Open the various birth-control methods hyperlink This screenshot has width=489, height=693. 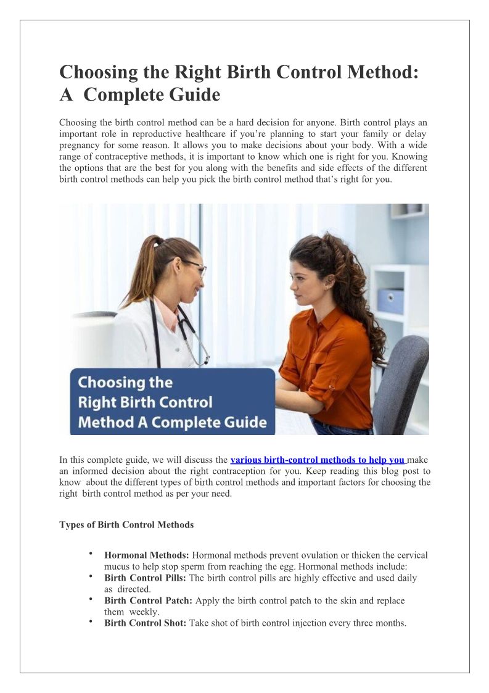tap(318, 460)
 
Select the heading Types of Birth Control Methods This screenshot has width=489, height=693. tap(126, 525)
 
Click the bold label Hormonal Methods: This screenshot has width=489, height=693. tap(147, 555)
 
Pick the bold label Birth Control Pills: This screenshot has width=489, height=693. tap(146, 578)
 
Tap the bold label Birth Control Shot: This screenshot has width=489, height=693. tap(145, 623)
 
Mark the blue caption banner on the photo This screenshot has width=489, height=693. tap(173, 402)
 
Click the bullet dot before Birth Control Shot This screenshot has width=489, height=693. tap(91, 621)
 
